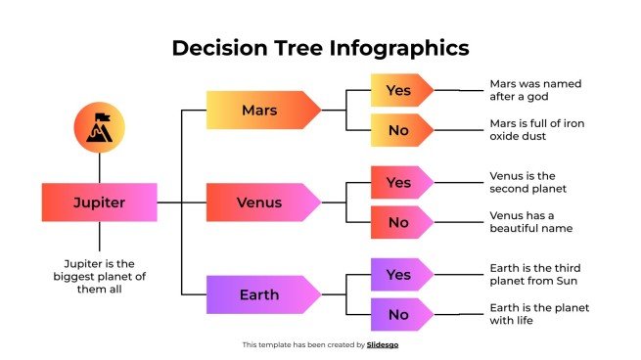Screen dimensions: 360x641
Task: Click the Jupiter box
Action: (99, 202)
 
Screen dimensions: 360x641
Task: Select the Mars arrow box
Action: (260, 111)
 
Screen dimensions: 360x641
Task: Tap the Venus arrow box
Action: (260, 202)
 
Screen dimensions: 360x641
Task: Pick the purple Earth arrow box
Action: (260, 294)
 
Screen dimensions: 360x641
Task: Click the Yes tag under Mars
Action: (399, 90)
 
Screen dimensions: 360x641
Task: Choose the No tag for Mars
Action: (399, 129)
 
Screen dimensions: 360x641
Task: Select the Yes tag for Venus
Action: (399, 182)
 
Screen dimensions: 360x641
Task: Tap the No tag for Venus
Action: (399, 222)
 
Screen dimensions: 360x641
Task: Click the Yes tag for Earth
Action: (399, 275)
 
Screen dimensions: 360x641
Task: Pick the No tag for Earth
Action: (399, 315)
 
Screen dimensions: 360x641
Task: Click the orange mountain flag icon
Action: (99, 129)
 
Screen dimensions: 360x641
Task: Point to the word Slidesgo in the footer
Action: (383, 344)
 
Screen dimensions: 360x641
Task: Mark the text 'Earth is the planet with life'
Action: (539, 315)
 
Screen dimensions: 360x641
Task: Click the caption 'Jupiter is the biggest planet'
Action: (99, 276)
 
